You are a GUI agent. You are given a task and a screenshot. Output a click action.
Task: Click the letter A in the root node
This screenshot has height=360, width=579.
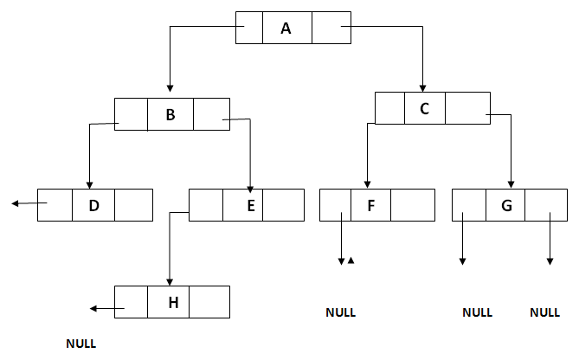286,29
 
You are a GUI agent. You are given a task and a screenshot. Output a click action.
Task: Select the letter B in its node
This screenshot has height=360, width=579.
170,114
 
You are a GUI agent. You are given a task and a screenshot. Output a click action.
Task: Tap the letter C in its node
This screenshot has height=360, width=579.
424,108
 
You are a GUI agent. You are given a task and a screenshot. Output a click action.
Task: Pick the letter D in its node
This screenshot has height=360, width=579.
93,205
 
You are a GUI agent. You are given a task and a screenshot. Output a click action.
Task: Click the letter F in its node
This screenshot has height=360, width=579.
370,205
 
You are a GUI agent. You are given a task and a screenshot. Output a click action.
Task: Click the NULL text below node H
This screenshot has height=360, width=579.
80,344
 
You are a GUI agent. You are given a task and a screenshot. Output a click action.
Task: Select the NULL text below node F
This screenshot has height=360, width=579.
340,312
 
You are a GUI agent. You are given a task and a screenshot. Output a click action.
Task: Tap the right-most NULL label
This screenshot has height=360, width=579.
544,312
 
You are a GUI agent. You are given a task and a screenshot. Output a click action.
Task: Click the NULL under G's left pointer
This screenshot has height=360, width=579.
477,312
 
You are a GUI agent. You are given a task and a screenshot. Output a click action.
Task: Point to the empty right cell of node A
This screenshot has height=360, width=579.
331,29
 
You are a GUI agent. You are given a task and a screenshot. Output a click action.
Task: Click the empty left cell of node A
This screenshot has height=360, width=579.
249,29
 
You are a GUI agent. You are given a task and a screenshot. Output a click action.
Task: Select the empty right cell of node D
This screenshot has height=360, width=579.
133,205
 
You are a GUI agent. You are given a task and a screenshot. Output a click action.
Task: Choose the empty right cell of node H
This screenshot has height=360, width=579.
209,301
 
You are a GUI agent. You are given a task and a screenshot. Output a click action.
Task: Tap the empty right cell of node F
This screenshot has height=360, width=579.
412,205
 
